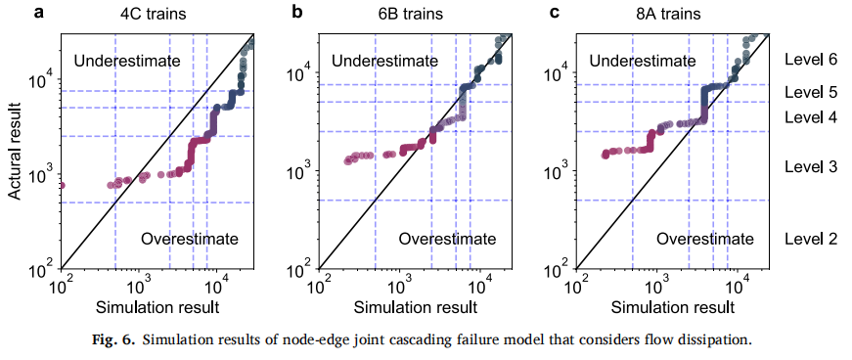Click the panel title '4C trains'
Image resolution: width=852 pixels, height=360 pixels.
pyautogui.click(x=153, y=14)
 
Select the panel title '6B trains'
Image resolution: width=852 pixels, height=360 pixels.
pyautogui.click(x=412, y=14)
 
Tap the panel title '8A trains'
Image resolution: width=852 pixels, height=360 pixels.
pyautogui.click(x=668, y=14)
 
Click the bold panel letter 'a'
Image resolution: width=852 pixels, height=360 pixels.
pyautogui.click(x=39, y=13)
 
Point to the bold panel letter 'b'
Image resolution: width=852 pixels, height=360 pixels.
pyautogui.click(x=296, y=12)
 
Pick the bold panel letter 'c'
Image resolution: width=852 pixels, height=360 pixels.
pyautogui.click(x=555, y=13)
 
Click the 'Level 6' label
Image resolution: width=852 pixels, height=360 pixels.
pyautogui.click(x=810, y=60)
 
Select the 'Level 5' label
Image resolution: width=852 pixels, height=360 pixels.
pyautogui.click(x=810, y=92)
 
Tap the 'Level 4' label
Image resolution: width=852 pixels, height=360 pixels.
pyautogui.click(x=810, y=117)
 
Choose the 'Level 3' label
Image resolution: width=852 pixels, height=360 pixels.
pyautogui.click(x=810, y=167)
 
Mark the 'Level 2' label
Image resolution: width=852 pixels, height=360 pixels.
pyautogui.click(x=810, y=239)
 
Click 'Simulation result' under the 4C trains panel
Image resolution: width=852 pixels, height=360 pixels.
pyautogui.click(x=157, y=307)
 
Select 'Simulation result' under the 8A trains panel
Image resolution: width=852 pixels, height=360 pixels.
pyautogui.click(x=673, y=307)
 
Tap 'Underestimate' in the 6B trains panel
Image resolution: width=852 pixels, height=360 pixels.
pyautogui.click(x=384, y=61)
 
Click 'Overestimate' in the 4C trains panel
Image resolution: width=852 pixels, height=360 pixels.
pyautogui.click(x=190, y=238)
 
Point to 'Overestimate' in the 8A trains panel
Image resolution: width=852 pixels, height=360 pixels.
pyautogui.click(x=705, y=238)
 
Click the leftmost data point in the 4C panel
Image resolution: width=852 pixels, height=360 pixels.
pyautogui.click(x=62, y=186)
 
